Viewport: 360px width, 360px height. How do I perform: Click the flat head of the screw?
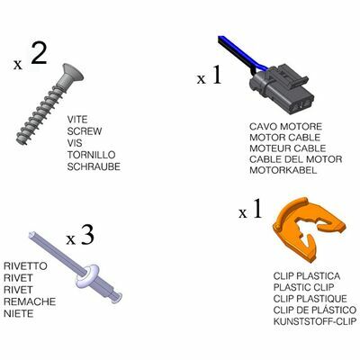click(71, 74)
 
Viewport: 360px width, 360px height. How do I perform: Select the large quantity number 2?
click(39, 52)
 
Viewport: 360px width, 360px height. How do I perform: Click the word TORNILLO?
click(91, 155)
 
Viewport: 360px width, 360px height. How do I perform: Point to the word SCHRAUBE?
click(94, 166)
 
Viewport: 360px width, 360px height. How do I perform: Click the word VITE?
click(77, 120)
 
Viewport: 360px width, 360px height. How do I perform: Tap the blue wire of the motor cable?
click(240, 51)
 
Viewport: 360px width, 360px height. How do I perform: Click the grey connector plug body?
click(282, 90)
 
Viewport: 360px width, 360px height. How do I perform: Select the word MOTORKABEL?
click(283, 170)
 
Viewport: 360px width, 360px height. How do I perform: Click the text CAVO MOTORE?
click(285, 126)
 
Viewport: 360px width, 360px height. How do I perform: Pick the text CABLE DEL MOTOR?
click(296, 159)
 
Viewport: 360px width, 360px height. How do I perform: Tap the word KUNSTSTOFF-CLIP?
click(315, 321)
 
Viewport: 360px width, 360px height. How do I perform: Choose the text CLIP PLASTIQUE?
click(310, 299)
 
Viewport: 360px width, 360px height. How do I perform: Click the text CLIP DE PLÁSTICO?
click(315, 310)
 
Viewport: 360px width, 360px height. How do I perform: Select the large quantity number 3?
click(87, 236)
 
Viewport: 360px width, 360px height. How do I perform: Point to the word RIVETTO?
click(25, 265)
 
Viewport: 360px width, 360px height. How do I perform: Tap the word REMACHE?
click(30, 301)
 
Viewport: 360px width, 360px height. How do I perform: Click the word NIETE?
click(19, 313)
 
